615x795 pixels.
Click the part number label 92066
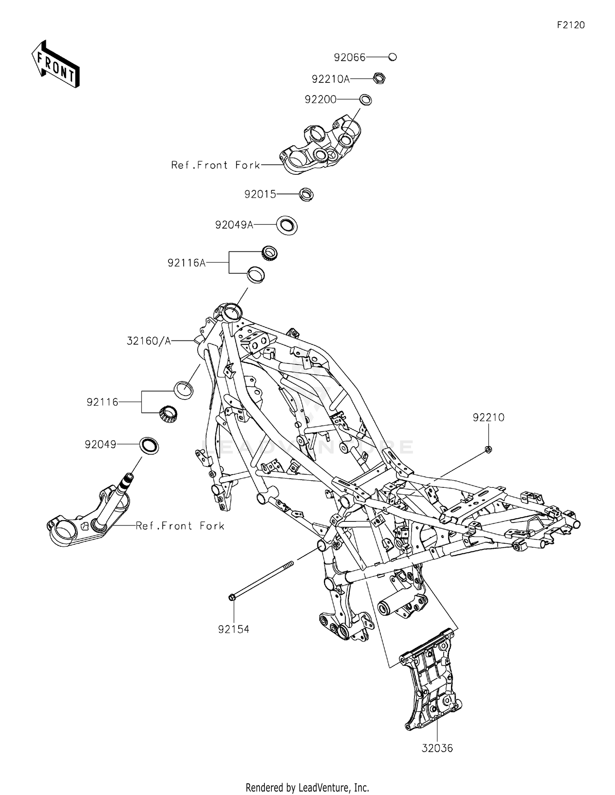[x=349, y=57]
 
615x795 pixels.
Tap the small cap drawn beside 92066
[x=392, y=57]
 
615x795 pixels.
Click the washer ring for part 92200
[x=365, y=100]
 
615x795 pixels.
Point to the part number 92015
[x=260, y=194]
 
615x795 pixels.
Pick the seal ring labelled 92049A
[x=287, y=225]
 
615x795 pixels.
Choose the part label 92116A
[x=187, y=263]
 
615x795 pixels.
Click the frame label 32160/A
[x=148, y=340]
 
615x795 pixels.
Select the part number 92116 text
[x=102, y=402]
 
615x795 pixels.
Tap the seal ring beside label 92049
[x=149, y=446]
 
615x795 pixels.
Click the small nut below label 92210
[x=488, y=449]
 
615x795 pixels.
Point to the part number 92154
[x=234, y=629]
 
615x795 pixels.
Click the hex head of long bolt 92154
[x=232, y=597]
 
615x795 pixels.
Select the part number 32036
[x=437, y=748]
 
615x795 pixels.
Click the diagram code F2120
[x=571, y=25]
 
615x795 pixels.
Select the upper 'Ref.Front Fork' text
[x=216, y=165]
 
